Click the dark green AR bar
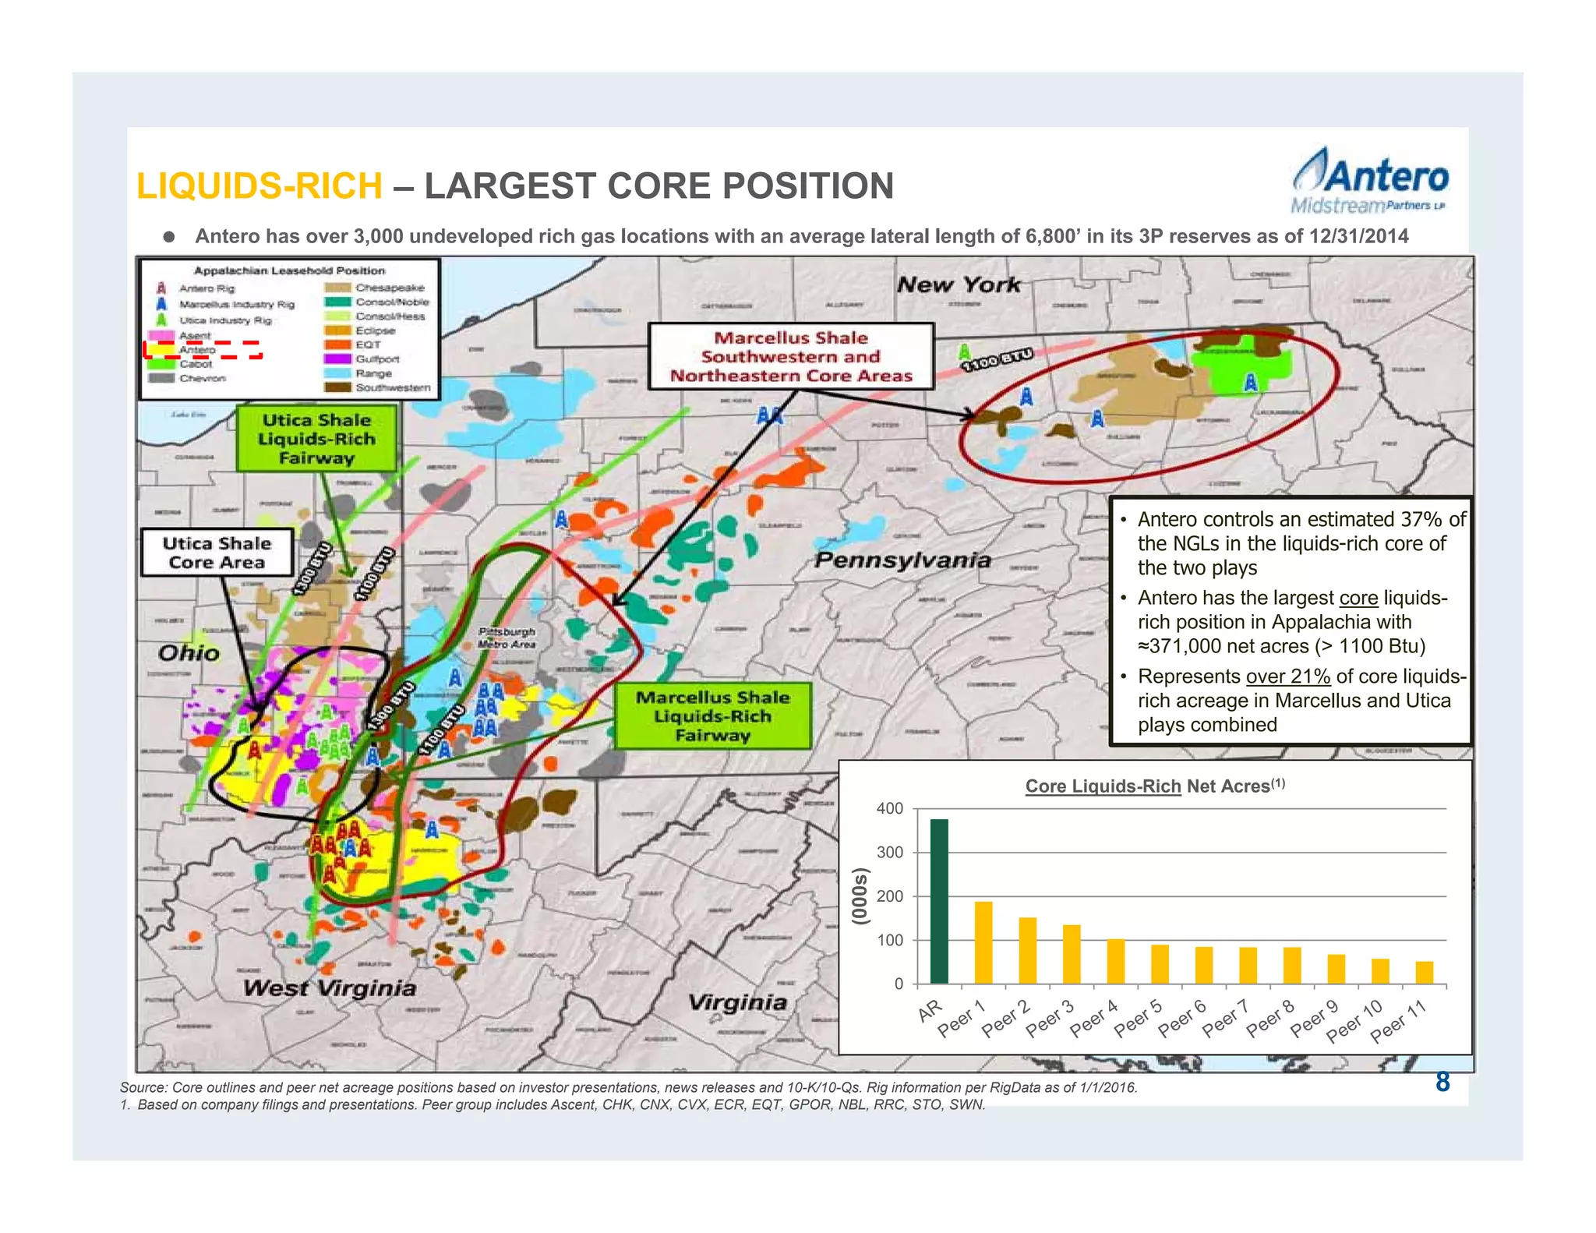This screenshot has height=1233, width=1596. coord(939,901)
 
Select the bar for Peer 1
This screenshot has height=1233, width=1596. coord(983,942)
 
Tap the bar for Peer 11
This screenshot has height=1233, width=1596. coord(1424,972)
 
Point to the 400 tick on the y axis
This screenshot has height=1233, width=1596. coord(890,809)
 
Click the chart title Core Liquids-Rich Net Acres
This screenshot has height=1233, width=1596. coord(1154,786)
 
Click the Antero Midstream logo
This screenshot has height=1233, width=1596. coord(1369,182)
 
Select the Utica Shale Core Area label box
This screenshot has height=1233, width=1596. coord(217,553)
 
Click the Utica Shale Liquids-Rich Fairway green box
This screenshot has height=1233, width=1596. coord(316,439)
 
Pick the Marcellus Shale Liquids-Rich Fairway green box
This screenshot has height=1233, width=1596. coord(712,716)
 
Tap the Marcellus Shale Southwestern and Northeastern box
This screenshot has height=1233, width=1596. coord(791,357)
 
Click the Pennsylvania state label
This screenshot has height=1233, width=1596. coord(902,560)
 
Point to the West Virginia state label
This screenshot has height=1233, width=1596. coord(330,988)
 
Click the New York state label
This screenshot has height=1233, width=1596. coord(959,284)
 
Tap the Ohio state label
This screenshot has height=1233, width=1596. coord(189,652)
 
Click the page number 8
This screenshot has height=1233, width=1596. coord(1442,1082)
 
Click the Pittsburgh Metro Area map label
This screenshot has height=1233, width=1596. coord(507,638)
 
